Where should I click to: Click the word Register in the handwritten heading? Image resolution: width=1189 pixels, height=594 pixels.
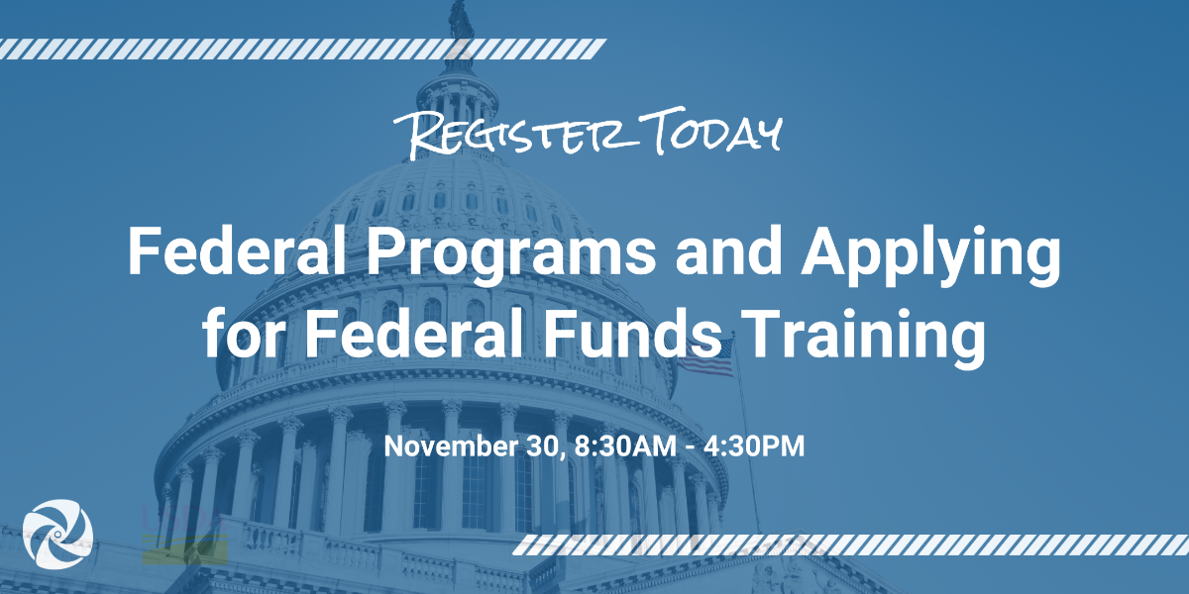(515, 133)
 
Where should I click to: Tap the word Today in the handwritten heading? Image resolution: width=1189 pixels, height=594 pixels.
(711, 129)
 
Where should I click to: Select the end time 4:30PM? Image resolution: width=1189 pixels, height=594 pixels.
(754, 445)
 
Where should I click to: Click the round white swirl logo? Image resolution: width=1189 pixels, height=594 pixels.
(57, 534)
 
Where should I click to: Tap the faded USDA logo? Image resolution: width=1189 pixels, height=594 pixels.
(184, 535)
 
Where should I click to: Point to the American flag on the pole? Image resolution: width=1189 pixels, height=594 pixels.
(705, 358)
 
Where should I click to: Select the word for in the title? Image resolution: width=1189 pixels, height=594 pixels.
(242, 334)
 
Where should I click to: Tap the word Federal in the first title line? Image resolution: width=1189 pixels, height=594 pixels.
(237, 249)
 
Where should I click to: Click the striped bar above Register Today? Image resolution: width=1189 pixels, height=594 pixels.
(302, 49)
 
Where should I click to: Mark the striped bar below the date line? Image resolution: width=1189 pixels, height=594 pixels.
(850, 545)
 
